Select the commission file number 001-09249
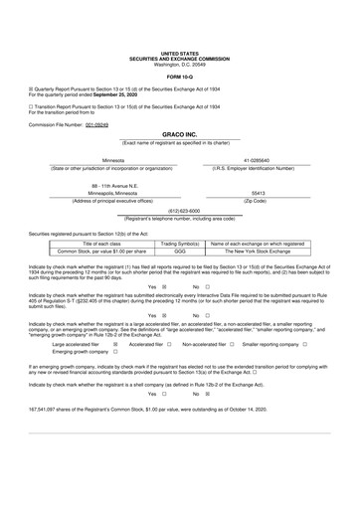(x=96, y=125)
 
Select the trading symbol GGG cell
(x=180, y=253)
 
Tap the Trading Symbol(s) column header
(x=180, y=244)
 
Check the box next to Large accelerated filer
(x=115, y=372)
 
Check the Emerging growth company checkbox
(x=115, y=380)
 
